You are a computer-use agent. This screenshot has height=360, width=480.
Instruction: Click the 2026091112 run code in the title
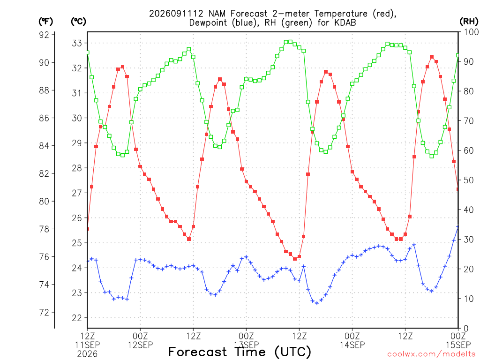pyautogui.click(x=176, y=14)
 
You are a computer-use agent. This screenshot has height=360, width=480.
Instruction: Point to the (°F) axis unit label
pyautogui.click(x=45, y=22)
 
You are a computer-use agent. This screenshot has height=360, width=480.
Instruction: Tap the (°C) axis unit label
pyautogui.click(x=78, y=22)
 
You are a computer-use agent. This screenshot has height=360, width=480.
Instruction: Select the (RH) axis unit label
pyautogui.click(x=469, y=21)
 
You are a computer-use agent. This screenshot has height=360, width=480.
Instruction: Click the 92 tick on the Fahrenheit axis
pyautogui.click(x=44, y=35)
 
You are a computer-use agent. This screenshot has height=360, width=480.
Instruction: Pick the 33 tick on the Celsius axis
pyautogui.click(x=77, y=43)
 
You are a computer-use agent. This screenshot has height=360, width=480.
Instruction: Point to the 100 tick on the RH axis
pyautogui.click(x=471, y=32)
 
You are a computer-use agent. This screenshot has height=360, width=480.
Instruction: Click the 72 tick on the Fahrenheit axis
pyautogui.click(x=44, y=312)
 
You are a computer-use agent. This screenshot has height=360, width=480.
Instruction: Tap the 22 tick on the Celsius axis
pyautogui.click(x=77, y=318)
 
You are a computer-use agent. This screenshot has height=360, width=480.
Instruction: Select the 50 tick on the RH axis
pyautogui.click(x=469, y=180)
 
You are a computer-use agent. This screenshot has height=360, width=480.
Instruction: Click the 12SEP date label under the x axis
pyautogui.click(x=140, y=345)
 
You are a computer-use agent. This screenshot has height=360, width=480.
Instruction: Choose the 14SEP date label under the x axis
pyautogui.click(x=352, y=345)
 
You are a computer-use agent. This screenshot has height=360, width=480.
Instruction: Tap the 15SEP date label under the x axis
pyautogui.click(x=458, y=345)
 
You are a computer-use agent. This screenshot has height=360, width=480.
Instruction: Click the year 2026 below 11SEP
pyautogui.click(x=87, y=354)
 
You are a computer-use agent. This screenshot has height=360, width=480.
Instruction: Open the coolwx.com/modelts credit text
pyautogui.click(x=433, y=354)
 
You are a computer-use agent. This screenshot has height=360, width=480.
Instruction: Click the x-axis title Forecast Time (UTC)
pyautogui.click(x=240, y=352)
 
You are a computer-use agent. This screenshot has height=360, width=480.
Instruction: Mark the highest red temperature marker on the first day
pyautogui.click(x=122, y=67)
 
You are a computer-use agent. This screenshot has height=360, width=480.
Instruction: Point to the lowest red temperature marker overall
pyautogui.click(x=295, y=259)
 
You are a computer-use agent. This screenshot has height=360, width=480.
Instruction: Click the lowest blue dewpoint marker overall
pyautogui.click(x=317, y=303)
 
